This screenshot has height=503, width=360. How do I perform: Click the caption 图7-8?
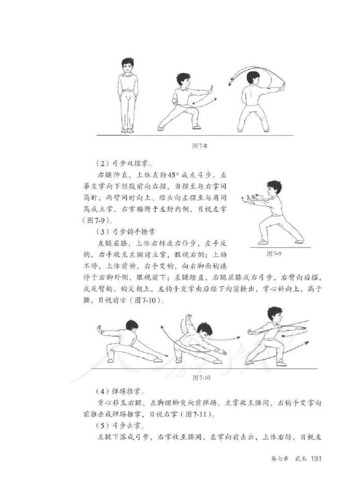[199, 146]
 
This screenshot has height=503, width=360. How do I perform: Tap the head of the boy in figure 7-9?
[273, 187]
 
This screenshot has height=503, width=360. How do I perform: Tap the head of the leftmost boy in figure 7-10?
[131, 326]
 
